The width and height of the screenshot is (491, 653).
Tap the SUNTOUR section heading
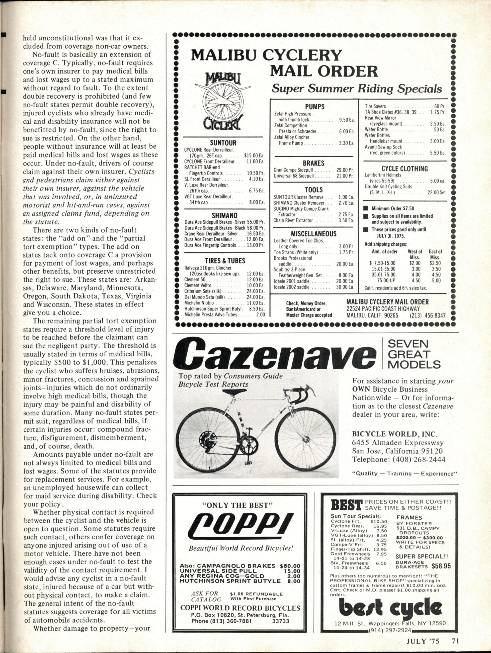click(x=223, y=143)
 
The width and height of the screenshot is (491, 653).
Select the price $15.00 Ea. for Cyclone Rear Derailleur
click(x=254, y=155)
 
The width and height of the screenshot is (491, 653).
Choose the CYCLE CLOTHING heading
click(x=404, y=169)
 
